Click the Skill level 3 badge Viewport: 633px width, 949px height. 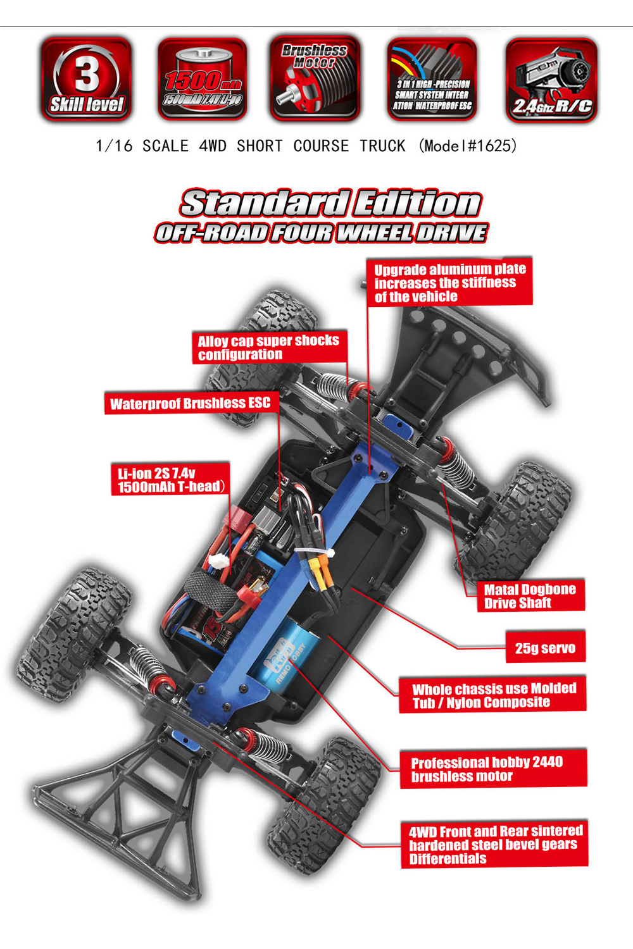(86, 79)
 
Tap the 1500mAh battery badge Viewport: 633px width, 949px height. (203, 79)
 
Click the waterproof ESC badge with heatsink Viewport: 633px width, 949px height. (432, 79)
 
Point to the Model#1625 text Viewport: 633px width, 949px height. (468, 146)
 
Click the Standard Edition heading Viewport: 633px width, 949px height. (330, 204)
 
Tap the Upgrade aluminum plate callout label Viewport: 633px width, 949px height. (449, 282)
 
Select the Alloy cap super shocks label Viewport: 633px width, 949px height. (269, 347)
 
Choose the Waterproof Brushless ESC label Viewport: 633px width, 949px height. (190, 403)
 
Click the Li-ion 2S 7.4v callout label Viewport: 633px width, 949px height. (170, 480)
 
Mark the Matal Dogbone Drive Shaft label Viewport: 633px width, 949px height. (530, 596)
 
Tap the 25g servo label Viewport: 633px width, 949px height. (545, 647)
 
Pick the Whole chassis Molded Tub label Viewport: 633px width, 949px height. (493, 695)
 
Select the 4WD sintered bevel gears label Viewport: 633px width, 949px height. (494, 845)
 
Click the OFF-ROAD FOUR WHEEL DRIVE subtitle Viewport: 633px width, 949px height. (322, 233)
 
